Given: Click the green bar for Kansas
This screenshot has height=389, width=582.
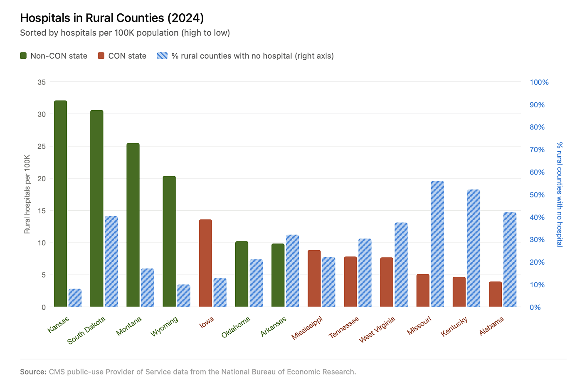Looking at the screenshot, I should pyautogui.click(x=60, y=204).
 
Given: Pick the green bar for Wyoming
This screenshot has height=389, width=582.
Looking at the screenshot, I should pyautogui.click(x=169, y=241).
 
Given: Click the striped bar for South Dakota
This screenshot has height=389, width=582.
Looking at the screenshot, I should pyautogui.click(x=111, y=261).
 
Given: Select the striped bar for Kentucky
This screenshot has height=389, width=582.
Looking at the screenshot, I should pyautogui.click(x=473, y=248).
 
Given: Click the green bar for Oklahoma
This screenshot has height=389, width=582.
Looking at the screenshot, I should pyautogui.click(x=242, y=274).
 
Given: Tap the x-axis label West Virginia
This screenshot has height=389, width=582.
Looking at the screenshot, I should pyautogui.click(x=377, y=330).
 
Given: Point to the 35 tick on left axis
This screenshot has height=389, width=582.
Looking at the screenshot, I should pyautogui.click(x=42, y=82).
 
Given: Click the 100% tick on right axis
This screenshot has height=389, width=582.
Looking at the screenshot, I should pyautogui.click(x=539, y=82).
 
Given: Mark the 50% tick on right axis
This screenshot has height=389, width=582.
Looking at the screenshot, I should pyautogui.click(x=537, y=195).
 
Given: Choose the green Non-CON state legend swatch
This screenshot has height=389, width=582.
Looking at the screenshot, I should pyautogui.click(x=23, y=56).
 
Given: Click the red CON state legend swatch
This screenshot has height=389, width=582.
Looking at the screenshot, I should pyautogui.click(x=101, y=56).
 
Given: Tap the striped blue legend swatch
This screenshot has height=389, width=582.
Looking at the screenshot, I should pyautogui.click(x=162, y=56).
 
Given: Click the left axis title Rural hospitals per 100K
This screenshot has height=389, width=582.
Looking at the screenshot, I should pyautogui.click(x=27, y=194).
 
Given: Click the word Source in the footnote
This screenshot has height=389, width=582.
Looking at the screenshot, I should pyautogui.click(x=32, y=372).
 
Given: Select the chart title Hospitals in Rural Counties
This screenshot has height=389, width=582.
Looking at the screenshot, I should pyautogui.click(x=112, y=18).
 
